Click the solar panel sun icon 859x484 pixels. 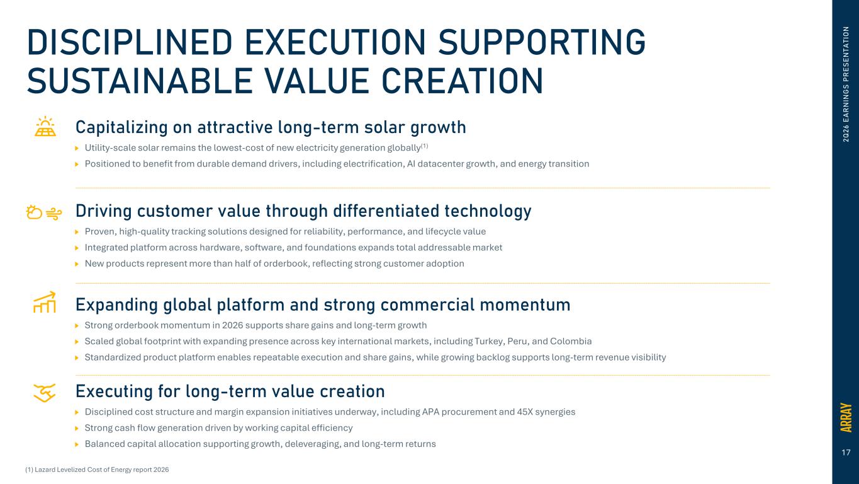pos(45,127)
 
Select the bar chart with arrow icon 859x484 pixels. pos(45,302)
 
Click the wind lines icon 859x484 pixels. pos(54,214)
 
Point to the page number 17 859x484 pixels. pos(846,452)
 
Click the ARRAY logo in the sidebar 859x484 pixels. pos(846,418)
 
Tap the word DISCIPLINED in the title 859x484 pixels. pos(130,42)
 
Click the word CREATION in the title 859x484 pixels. pos(462,81)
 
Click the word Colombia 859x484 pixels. pos(571,341)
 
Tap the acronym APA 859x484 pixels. pos(430,412)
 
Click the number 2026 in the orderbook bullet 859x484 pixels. pos(232,325)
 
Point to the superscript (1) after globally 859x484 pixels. pos(424,146)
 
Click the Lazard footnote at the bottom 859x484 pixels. pos(97,470)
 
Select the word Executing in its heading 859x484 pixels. pos(114,392)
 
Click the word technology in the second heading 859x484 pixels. pos(488,211)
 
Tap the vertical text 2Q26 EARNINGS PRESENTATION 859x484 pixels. pos(846,84)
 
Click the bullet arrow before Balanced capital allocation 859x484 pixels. pos(77,444)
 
